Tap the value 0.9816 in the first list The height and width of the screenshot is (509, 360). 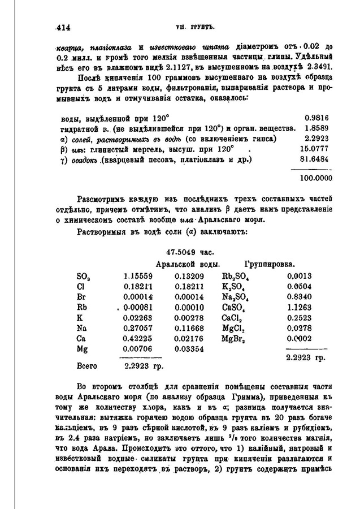[x=316, y=118]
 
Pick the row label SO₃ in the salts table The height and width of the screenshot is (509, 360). [x=83, y=277]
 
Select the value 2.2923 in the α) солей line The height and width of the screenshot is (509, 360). [x=316, y=139]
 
